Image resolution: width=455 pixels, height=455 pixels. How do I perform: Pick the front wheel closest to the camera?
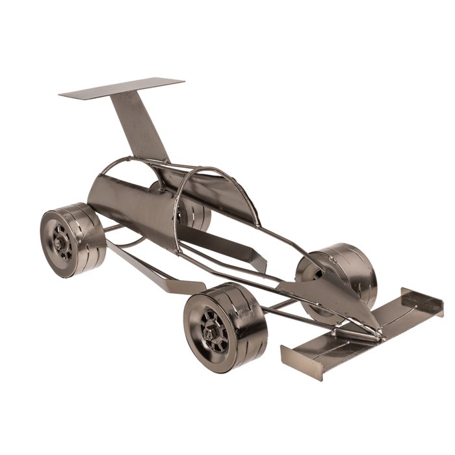(224, 325)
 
